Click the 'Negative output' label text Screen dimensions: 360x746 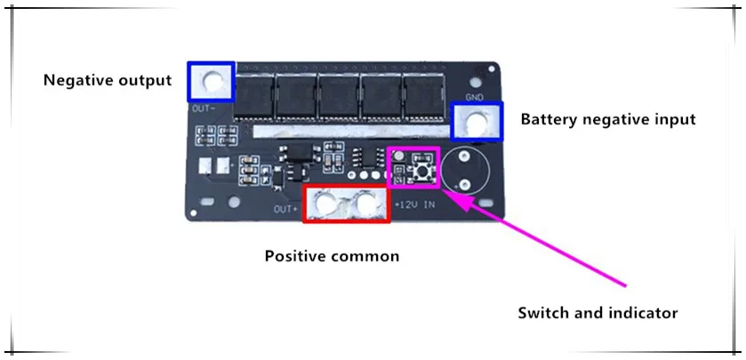click(107, 81)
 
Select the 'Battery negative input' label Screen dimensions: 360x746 click(607, 119)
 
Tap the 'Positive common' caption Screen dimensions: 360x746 click(332, 256)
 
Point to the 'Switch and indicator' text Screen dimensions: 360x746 click(598, 313)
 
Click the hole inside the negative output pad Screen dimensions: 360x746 click(212, 82)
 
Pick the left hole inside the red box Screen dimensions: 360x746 click(325, 204)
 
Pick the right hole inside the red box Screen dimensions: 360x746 click(365, 204)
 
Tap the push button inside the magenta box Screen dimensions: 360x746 click(421, 166)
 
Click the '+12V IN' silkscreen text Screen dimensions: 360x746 click(414, 206)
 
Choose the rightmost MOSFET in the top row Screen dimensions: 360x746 click(426, 95)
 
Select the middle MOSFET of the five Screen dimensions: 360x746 click(339, 95)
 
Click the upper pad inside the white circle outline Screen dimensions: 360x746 click(464, 157)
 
